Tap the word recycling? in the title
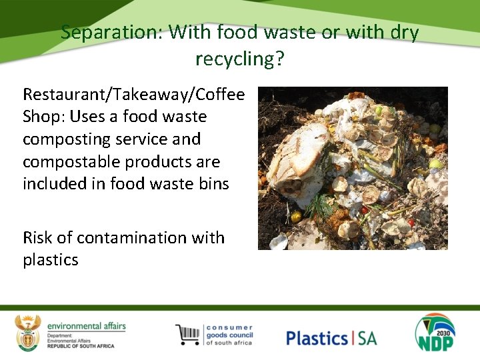point(240,59)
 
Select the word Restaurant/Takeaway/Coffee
point(134,94)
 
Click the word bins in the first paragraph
point(211,183)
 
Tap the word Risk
point(38,237)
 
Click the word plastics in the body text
point(51,259)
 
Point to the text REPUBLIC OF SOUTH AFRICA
point(81,346)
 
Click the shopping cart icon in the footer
point(188,334)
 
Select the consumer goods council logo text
point(229,335)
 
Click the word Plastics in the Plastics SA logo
point(317,337)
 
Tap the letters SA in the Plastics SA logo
point(367,337)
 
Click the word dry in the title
point(405,32)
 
